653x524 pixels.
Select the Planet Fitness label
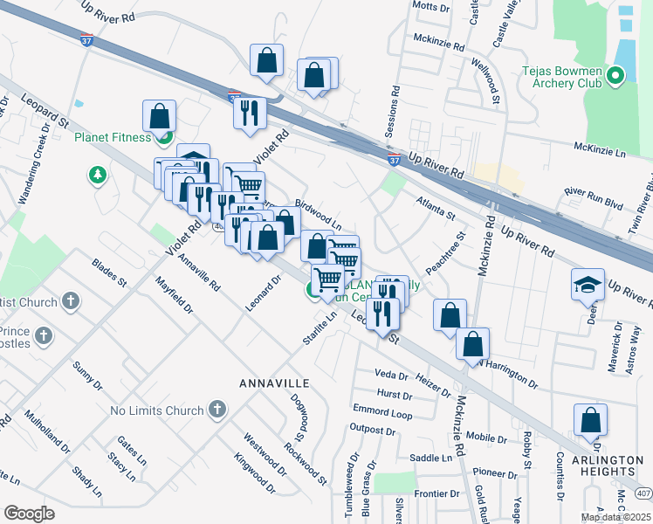113,137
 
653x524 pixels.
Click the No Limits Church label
157,410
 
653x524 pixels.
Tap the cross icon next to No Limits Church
217,409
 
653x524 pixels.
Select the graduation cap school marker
588,285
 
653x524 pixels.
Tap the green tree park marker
97,176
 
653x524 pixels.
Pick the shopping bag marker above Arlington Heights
590,420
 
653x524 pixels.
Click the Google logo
29,514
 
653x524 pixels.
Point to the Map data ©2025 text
615,517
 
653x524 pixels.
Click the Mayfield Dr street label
175,295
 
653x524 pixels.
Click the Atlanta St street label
436,209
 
